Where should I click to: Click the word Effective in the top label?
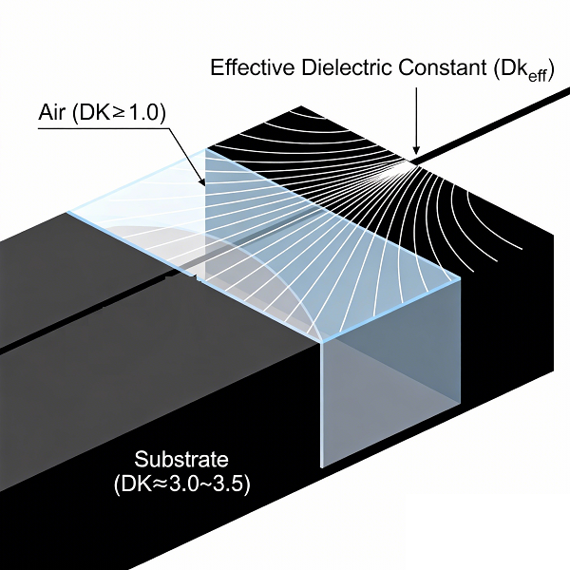(249, 68)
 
